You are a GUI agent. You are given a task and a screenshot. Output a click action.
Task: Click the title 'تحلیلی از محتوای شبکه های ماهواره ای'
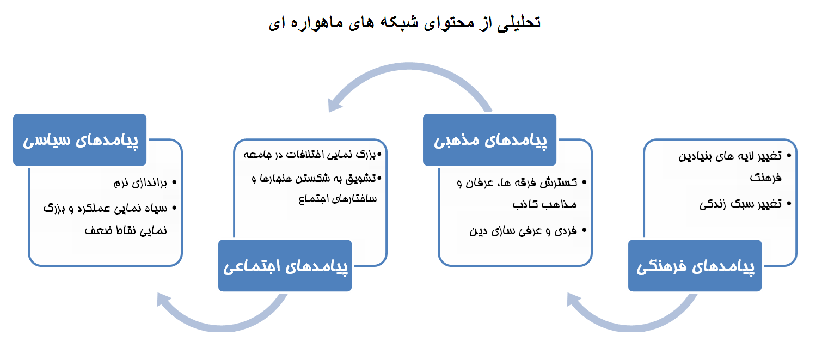404,23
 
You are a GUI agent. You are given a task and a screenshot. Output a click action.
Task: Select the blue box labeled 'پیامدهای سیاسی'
80,139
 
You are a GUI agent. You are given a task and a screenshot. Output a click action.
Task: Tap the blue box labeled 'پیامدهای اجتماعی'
285,266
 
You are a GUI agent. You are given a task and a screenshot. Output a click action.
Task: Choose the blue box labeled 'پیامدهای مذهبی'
489,139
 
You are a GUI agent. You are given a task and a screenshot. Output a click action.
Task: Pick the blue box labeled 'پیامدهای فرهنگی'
695,266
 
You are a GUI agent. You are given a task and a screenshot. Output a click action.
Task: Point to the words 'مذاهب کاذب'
544,204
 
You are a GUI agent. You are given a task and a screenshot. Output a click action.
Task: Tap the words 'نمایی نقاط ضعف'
125,230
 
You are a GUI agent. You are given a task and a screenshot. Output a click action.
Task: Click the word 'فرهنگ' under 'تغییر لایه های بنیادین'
764,178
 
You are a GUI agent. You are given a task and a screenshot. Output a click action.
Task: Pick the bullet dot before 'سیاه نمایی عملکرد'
174,208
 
